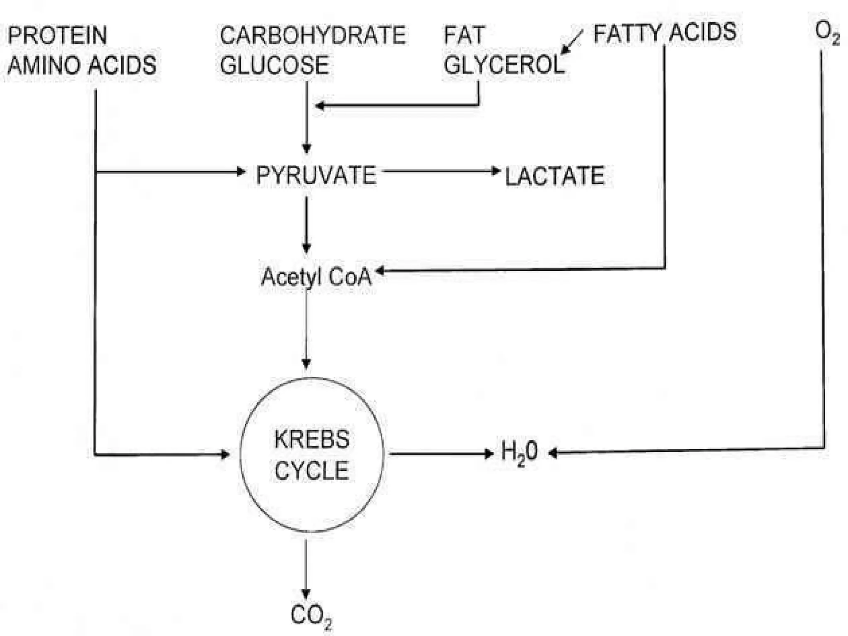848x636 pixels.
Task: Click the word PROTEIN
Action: [x=58, y=35]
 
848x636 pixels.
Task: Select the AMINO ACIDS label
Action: [x=82, y=65]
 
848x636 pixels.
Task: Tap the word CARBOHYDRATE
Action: [x=313, y=35]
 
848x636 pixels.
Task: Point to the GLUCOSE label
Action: [x=274, y=65]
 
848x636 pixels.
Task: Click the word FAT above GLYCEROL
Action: [x=464, y=35]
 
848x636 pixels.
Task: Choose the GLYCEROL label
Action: [x=504, y=65]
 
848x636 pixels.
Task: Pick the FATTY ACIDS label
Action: [x=665, y=33]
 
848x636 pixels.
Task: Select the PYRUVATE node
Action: [x=316, y=175]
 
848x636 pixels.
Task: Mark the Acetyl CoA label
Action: [x=316, y=276]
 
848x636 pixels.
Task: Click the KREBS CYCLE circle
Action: [x=311, y=455]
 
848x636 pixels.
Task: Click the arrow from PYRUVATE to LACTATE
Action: [x=441, y=171]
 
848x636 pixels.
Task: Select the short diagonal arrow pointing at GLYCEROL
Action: [x=572, y=42]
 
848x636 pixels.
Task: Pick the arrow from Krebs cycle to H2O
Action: [x=441, y=454]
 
